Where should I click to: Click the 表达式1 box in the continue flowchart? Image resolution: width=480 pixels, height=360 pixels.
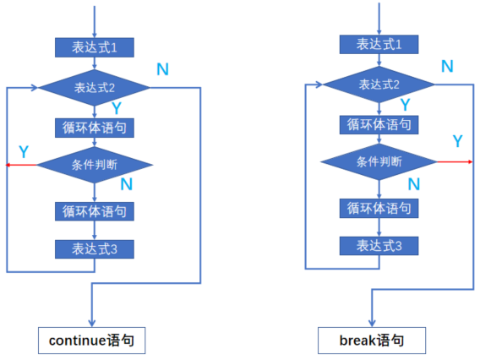(95, 47)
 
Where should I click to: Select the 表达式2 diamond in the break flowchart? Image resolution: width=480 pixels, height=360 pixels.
(379, 85)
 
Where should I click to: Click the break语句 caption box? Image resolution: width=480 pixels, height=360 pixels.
(371, 341)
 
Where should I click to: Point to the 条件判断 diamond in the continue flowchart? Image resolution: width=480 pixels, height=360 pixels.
(95, 165)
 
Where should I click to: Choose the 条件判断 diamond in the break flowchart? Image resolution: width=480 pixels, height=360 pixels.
(379, 161)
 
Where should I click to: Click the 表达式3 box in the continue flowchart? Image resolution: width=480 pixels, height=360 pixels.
(95, 248)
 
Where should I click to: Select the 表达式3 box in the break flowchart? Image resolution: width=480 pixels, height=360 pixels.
(379, 245)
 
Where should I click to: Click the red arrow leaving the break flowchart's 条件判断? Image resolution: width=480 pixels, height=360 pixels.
(453, 161)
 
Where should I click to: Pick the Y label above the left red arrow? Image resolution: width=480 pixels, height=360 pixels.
(23, 152)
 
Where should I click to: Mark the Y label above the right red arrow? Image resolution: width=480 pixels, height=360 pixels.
(457, 140)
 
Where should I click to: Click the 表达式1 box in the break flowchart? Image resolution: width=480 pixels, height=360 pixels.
(379, 44)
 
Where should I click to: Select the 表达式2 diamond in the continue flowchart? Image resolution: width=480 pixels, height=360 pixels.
(95, 88)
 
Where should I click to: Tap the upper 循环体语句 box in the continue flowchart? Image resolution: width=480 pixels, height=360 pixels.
(95, 128)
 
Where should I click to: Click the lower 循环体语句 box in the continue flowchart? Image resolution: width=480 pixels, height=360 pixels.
(95, 210)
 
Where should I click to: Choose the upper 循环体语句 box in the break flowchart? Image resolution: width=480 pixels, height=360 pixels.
(379, 124)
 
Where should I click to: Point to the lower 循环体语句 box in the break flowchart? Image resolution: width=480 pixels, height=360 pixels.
(379, 206)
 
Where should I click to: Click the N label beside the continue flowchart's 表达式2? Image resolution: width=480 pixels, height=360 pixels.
(163, 68)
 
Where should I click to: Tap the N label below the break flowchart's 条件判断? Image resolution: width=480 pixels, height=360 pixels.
(414, 183)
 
